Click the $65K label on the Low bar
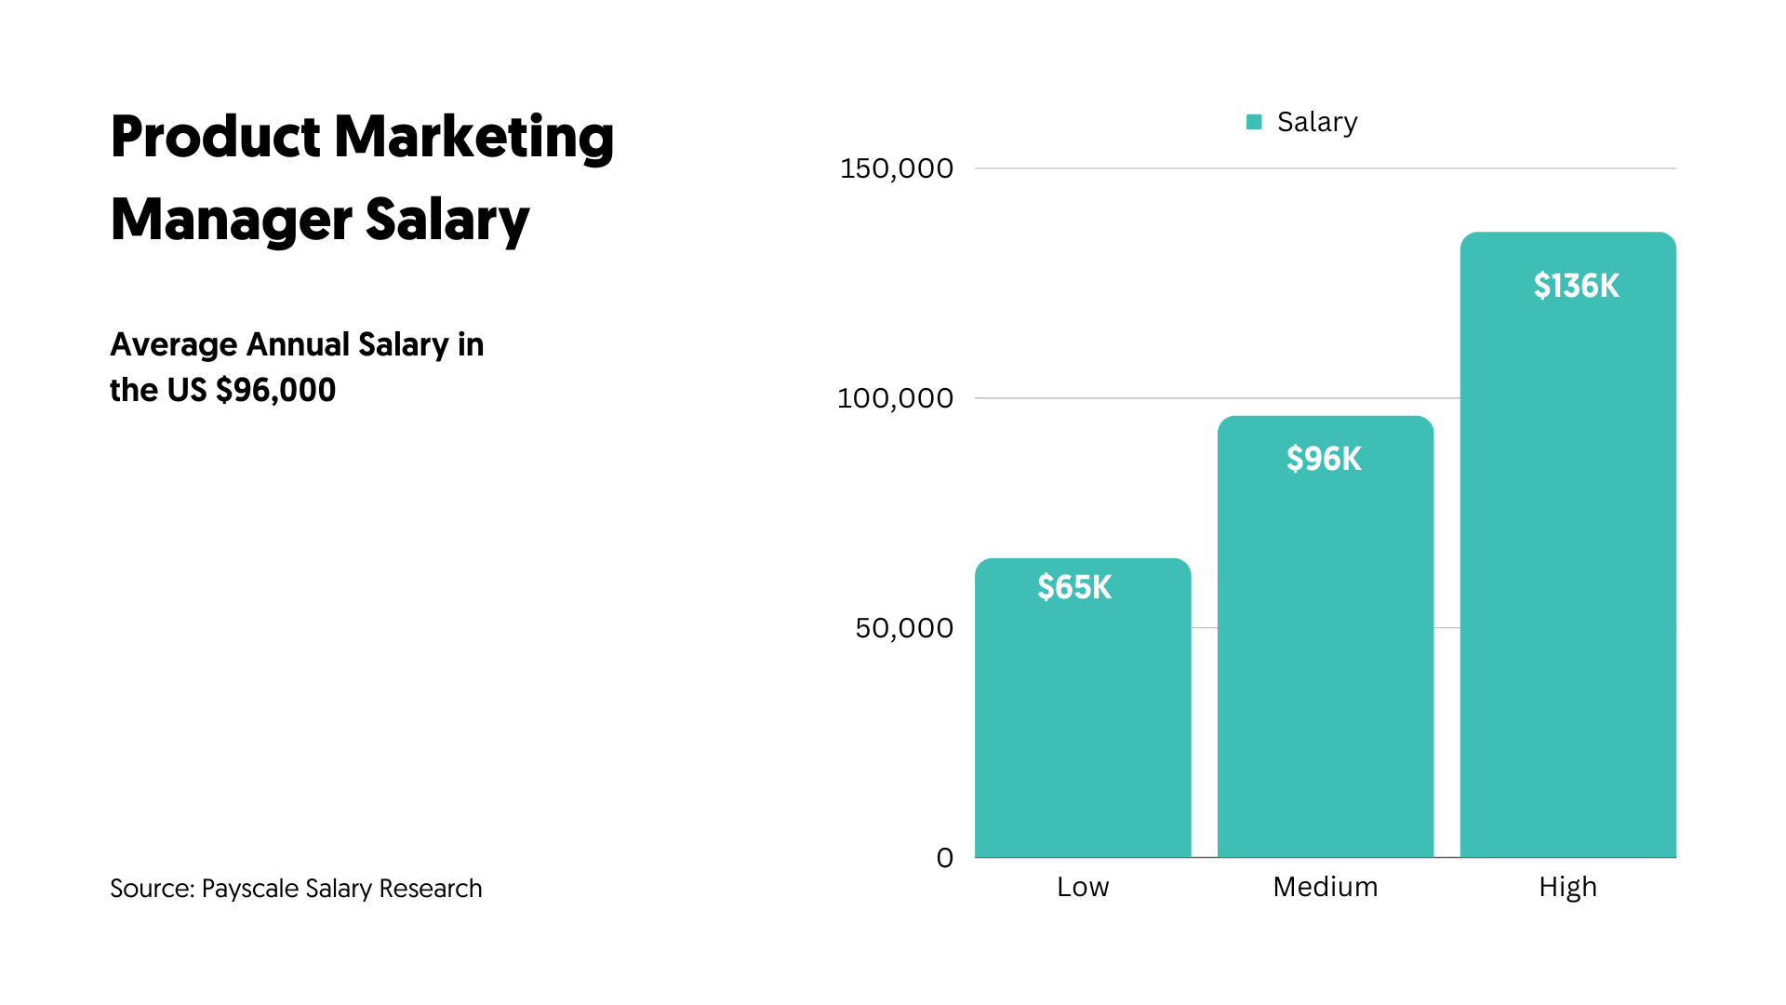(x=1074, y=587)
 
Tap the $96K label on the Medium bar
(x=1324, y=459)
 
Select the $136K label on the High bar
(x=1576, y=286)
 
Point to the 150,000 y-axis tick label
(x=896, y=168)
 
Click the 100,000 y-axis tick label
(x=895, y=398)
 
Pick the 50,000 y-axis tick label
(x=904, y=628)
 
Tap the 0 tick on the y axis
(x=944, y=858)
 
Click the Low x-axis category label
(x=1083, y=887)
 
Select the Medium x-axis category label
(x=1325, y=887)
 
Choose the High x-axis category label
(x=1567, y=887)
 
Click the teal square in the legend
(x=1254, y=122)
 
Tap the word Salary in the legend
(x=1317, y=122)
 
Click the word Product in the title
(x=215, y=137)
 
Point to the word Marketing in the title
(x=473, y=137)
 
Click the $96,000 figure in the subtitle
(x=275, y=390)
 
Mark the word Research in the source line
(x=431, y=889)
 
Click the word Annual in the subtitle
(x=298, y=344)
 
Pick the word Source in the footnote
(x=151, y=889)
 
